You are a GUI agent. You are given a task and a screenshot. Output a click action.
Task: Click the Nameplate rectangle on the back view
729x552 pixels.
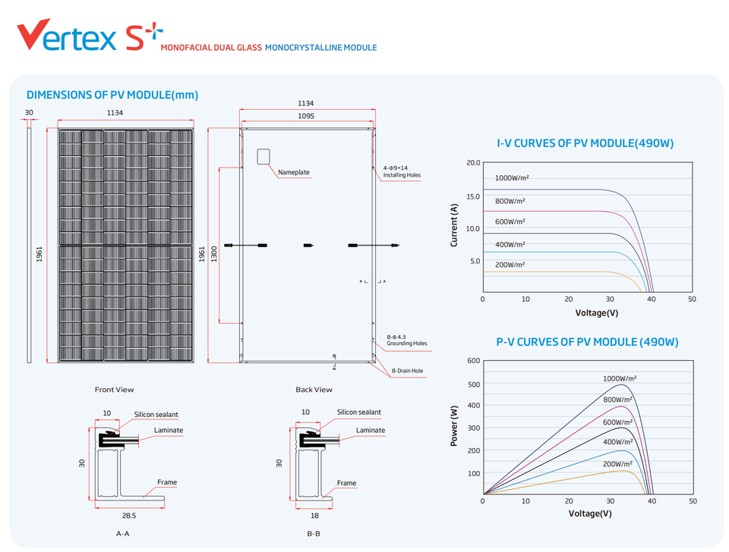[x=264, y=156]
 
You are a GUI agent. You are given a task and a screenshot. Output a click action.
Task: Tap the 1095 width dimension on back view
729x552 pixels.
[x=307, y=117]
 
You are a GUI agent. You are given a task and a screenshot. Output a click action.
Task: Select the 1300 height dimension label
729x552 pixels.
[x=214, y=253]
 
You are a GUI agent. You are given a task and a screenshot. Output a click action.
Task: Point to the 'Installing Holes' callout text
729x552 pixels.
[x=401, y=175]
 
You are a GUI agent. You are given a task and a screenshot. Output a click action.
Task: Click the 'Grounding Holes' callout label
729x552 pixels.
[x=406, y=343]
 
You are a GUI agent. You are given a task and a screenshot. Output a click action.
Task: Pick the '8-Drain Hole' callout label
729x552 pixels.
[x=407, y=371]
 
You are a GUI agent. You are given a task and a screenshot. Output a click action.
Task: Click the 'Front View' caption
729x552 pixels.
[x=114, y=390]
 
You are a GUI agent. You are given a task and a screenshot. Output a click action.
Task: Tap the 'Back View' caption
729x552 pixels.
[x=314, y=390]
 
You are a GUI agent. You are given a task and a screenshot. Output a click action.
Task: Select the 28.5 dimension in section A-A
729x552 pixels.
[x=129, y=516]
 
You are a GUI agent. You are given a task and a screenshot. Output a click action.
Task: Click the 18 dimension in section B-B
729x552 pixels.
[x=314, y=516]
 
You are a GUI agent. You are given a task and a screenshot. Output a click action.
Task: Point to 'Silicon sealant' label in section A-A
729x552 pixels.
[x=156, y=415]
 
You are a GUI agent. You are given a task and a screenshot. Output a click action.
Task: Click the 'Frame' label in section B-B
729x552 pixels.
[x=346, y=483]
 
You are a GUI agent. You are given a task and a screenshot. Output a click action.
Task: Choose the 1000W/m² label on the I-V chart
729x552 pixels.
[x=511, y=178]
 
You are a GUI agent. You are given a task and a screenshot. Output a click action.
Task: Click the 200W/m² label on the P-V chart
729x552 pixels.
[x=618, y=463]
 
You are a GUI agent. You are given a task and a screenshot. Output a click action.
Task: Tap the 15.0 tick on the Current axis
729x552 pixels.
[x=472, y=196]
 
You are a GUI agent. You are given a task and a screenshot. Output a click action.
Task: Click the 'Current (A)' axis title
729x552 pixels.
[x=454, y=225]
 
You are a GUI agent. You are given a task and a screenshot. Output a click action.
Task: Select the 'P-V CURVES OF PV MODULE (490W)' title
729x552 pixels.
[x=587, y=342]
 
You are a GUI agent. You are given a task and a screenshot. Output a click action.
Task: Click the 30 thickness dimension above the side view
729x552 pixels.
[x=29, y=113]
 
